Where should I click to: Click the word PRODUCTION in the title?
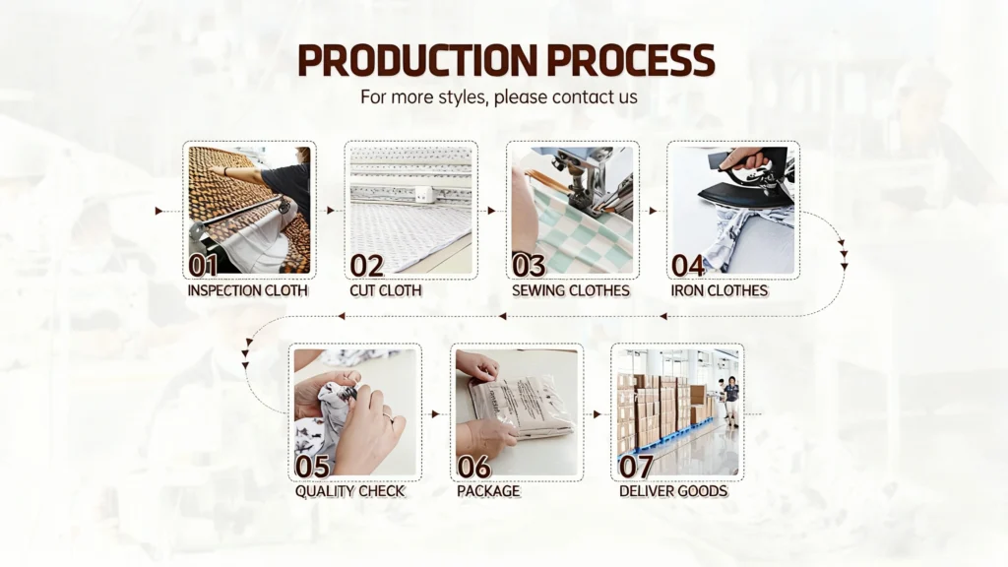(x=417, y=60)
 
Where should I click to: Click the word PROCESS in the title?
(x=631, y=60)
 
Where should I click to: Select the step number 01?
(x=203, y=265)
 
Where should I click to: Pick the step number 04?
(x=688, y=265)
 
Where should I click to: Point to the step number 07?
(x=636, y=467)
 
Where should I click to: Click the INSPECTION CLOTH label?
(x=247, y=290)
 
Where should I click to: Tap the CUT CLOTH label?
(x=386, y=290)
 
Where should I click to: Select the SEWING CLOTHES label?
(x=571, y=290)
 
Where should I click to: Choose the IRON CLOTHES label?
(x=720, y=290)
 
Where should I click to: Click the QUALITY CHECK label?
(x=349, y=491)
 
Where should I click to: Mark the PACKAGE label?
(x=488, y=491)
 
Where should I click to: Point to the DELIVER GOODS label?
(x=673, y=491)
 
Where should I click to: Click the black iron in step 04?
(x=746, y=182)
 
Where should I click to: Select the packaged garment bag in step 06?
(x=522, y=405)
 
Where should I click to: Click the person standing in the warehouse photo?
(x=731, y=401)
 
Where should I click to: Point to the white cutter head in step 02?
(x=422, y=194)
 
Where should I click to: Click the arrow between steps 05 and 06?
(x=436, y=414)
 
